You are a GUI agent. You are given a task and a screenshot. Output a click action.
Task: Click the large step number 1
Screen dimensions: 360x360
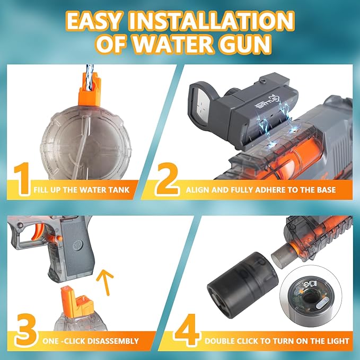click(22, 179)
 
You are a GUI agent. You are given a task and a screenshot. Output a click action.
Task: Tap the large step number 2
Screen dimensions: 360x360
click(167, 179)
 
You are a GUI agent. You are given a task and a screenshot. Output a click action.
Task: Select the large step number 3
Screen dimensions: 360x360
click(25, 329)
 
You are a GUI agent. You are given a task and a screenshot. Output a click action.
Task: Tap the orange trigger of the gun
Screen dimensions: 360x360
click(39, 231)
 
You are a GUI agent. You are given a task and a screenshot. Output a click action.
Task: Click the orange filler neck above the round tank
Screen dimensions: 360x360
click(90, 90)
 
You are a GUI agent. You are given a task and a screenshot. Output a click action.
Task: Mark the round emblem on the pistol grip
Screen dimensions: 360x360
click(78, 245)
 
